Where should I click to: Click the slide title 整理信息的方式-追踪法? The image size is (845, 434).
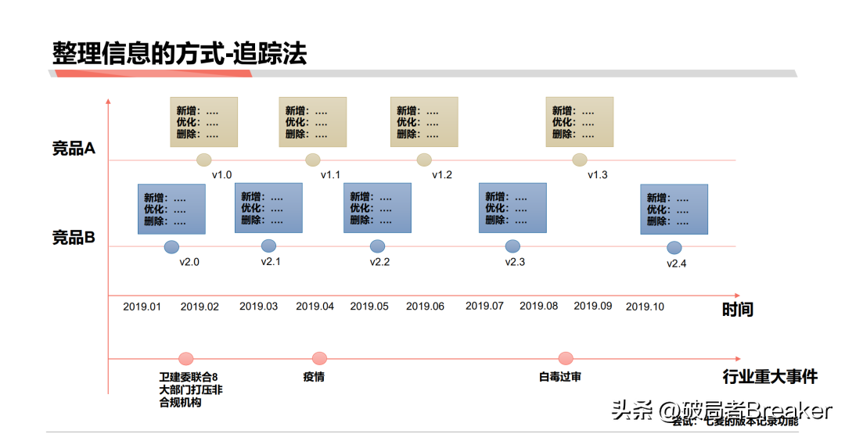[179, 52]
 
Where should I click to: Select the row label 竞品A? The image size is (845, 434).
[74, 149]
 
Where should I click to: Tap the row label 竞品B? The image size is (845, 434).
[74, 238]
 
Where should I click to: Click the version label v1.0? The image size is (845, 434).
[221, 175]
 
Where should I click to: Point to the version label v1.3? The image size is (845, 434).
[597, 175]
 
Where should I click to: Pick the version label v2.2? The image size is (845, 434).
[379, 262]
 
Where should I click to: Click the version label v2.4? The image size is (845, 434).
[676, 264]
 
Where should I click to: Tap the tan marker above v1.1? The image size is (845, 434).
[313, 160]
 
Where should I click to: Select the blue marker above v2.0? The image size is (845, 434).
[172, 247]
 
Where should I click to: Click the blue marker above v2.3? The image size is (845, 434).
[512, 246]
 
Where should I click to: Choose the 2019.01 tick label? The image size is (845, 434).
[142, 307]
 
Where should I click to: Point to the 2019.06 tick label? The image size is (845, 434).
[425, 307]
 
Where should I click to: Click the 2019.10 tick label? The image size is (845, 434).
[645, 307]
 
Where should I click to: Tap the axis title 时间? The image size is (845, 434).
[737, 310]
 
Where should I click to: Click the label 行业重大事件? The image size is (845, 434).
[770, 377]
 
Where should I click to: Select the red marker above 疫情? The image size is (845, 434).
[319, 358]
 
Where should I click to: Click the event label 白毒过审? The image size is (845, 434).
[560, 377]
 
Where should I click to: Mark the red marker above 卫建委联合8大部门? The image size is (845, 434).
[185, 358]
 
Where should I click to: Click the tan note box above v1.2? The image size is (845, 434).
[424, 122]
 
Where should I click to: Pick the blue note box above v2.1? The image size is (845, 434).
[268, 208]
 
